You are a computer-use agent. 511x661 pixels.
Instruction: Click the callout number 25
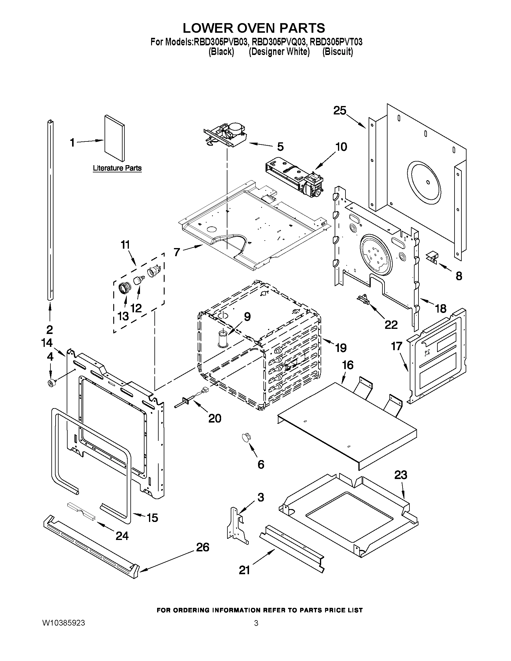click(340, 111)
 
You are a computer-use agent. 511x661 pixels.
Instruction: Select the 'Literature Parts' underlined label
click(117, 168)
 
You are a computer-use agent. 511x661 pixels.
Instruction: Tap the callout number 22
click(391, 324)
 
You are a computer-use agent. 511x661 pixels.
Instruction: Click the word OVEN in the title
click(257, 28)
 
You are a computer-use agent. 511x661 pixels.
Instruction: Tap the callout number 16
click(348, 365)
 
